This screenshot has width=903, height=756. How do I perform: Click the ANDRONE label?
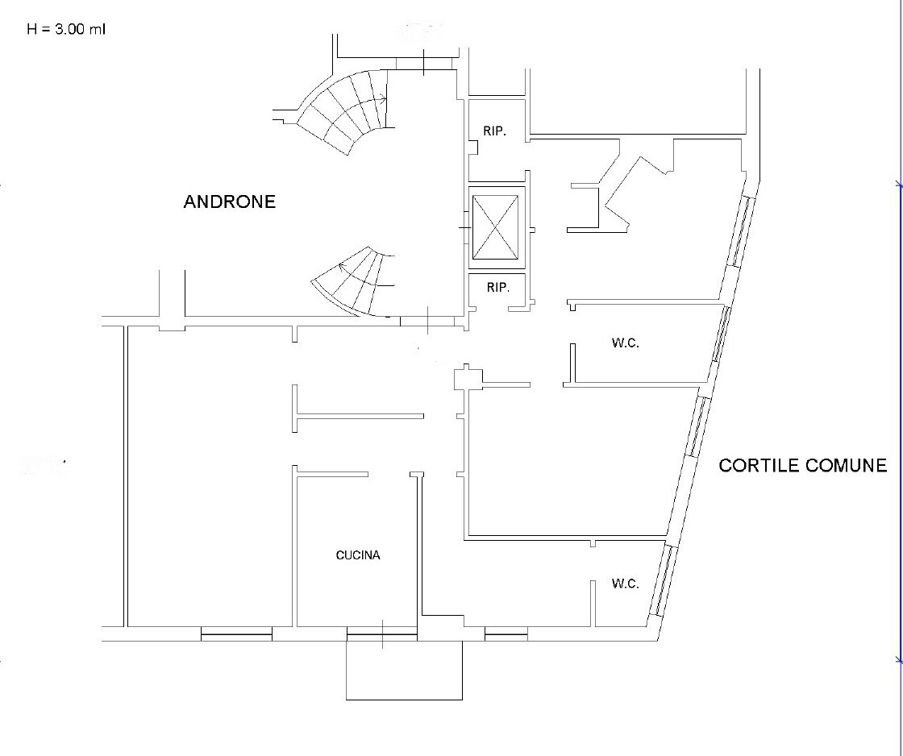(x=230, y=201)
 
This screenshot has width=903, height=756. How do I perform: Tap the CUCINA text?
(x=358, y=555)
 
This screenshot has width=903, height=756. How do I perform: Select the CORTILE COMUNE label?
(x=803, y=465)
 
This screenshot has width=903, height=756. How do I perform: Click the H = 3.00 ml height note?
(x=66, y=29)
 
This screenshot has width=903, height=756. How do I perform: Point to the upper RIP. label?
(x=495, y=131)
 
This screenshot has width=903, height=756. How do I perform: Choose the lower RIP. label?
(x=498, y=287)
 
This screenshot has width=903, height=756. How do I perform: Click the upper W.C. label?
(x=626, y=343)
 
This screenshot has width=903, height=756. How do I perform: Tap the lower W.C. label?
(x=626, y=584)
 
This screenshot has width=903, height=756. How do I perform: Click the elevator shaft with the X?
(x=495, y=227)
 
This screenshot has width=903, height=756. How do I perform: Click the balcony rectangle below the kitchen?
(x=404, y=671)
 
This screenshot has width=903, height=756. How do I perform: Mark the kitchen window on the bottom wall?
(x=382, y=633)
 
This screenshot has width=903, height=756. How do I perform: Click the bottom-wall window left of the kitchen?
(x=236, y=633)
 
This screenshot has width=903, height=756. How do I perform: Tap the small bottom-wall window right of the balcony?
(x=506, y=633)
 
